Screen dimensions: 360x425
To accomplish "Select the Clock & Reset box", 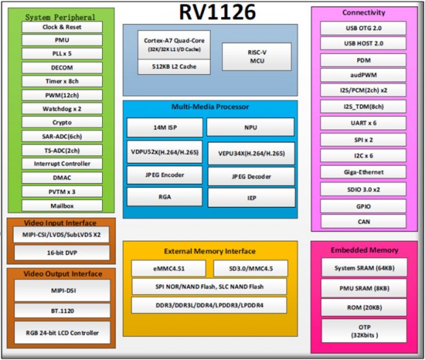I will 62,27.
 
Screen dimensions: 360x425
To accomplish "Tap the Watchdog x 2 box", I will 62,108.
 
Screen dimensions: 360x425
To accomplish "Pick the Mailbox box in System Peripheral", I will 62,205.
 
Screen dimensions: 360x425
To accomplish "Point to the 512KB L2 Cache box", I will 174,67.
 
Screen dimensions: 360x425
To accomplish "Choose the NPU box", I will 251,127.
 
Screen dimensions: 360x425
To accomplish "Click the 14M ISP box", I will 165,127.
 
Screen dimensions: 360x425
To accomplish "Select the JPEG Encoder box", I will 165,174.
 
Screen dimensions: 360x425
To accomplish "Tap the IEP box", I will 251,197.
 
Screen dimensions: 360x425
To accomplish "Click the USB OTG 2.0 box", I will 363,28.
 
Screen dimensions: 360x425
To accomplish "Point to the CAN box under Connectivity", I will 363,221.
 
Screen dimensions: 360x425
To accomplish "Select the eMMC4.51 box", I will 169,267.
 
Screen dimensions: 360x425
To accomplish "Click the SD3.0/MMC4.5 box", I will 253,267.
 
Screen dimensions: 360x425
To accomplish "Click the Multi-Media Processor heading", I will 209,107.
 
